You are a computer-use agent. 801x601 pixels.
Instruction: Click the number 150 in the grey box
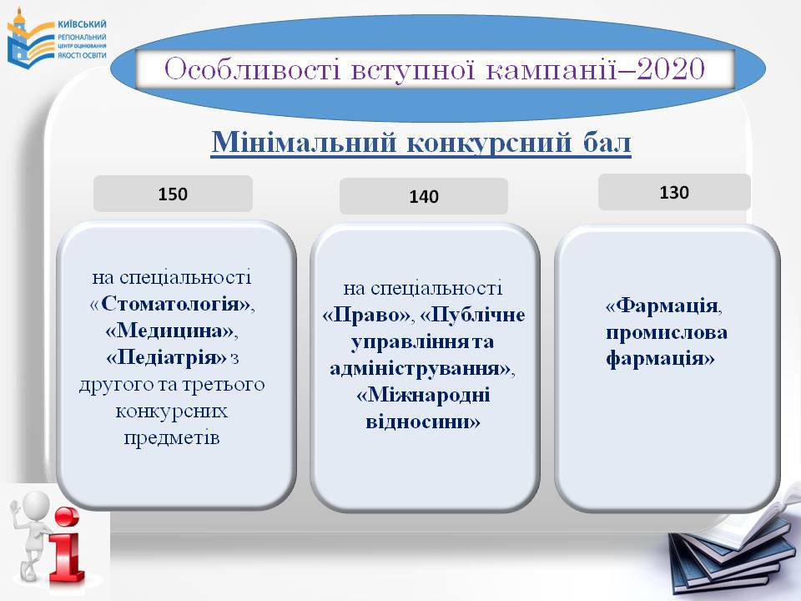click(x=173, y=194)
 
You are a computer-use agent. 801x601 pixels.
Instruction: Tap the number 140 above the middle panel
click(x=424, y=197)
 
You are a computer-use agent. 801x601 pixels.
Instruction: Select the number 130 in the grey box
click(x=674, y=193)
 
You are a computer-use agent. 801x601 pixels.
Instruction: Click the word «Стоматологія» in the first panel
click(x=172, y=304)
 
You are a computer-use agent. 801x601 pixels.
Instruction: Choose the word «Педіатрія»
click(x=166, y=357)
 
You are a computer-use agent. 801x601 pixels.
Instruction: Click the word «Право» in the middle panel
click(x=367, y=315)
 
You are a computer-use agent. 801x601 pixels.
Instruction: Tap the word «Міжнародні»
click(x=424, y=395)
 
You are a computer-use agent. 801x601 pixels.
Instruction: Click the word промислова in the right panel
click(x=667, y=333)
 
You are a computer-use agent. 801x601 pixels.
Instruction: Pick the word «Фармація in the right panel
click(x=662, y=306)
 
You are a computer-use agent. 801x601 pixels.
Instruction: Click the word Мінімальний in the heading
click(x=305, y=142)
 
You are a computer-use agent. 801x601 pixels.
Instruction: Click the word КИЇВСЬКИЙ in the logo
click(x=83, y=24)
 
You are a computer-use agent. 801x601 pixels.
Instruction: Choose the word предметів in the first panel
click(x=172, y=438)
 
